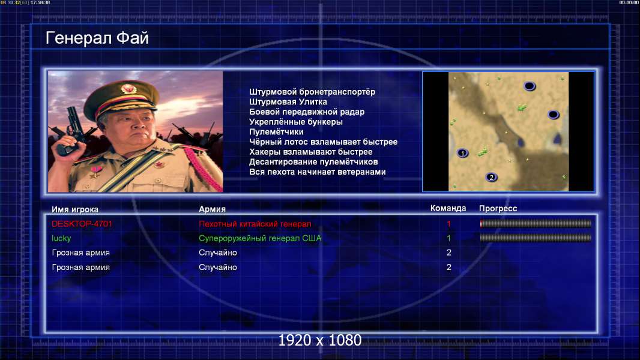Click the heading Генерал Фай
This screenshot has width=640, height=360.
click(x=97, y=38)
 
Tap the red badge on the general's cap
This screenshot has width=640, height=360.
click(x=128, y=88)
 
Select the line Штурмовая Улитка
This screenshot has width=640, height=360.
click(x=288, y=102)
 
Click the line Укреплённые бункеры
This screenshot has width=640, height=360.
click(x=296, y=122)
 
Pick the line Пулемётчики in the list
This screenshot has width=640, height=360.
click(x=276, y=131)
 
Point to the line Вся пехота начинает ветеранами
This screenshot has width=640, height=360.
click(x=317, y=172)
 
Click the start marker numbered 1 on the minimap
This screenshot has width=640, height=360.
click(x=462, y=153)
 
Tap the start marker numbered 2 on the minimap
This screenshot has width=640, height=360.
click(x=491, y=177)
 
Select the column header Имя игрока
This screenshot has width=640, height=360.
click(x=74, y=209)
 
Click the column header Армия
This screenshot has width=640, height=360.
click(x=213, y=209)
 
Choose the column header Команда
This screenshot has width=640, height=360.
click(x=448, y=208)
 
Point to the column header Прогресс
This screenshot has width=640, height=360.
click(x=498, y=208)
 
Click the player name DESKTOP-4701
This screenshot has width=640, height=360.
click(x=82, y=224)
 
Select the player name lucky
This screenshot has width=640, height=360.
click(x=61, y=239)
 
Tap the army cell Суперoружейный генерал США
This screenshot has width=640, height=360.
click(x=260, y=238)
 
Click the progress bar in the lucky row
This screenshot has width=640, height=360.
click(x=536, y=238)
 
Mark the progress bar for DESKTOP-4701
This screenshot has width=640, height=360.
click(x=536, y=223)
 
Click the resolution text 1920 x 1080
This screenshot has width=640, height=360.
click(x=319, y=340)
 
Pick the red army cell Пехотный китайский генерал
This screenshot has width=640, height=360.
click(x=255, y=224)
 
